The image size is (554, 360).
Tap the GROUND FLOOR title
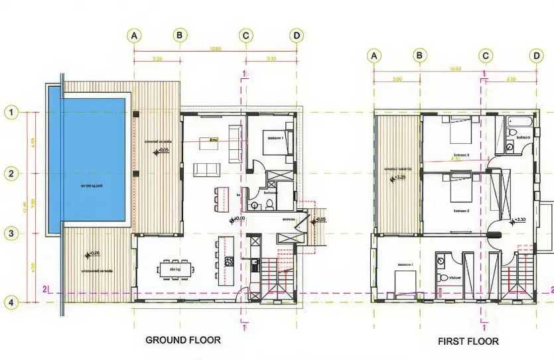coord(183,340)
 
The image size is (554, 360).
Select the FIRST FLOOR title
coord(468,341)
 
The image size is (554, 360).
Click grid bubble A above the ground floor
coord(135,35)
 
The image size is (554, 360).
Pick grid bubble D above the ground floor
coord(296,35)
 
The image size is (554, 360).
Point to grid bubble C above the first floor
coord(486,56)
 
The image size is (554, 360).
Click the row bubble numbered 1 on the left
coord(11,112)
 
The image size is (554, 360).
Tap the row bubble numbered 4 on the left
coord(11,302)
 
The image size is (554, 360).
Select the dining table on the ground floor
coord(176,270)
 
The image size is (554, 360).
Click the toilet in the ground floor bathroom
coord(270,204)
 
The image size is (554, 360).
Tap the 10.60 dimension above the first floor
coord(455,70)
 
